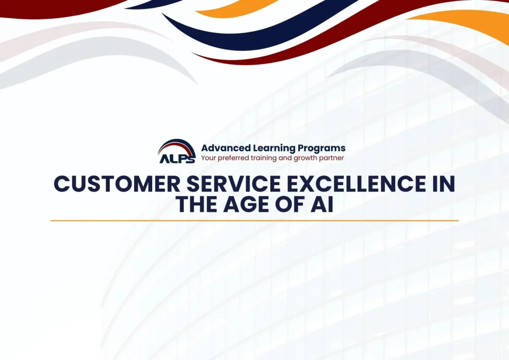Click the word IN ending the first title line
(441, 184)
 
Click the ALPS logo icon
(176, 151)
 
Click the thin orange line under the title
(254, 220)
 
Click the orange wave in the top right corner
(467, 22)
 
